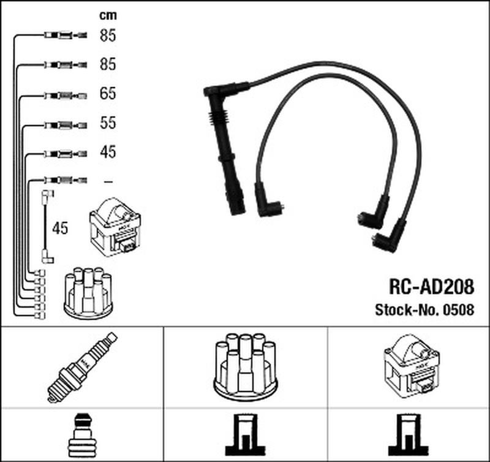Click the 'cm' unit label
pos(108,15)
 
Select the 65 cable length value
pos(108,94)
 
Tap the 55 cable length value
pos(108,123)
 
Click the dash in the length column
pos(108,181)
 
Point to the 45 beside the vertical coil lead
pos(60,228)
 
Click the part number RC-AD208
pos(431,286)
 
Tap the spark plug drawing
pos(82,367)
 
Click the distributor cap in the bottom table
pos(246,366)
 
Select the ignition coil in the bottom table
pos(412,366)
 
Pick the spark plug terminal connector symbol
pos(82,435)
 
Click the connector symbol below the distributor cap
pos(246,435)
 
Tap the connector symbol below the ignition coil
pos(409,435)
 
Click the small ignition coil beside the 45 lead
pos(115,227)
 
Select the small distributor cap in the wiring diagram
pos(88,293)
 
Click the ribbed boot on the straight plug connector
pos(218,118)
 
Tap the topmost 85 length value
pos(108,36)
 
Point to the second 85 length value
pos(108,64)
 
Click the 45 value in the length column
pos(108,151)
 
